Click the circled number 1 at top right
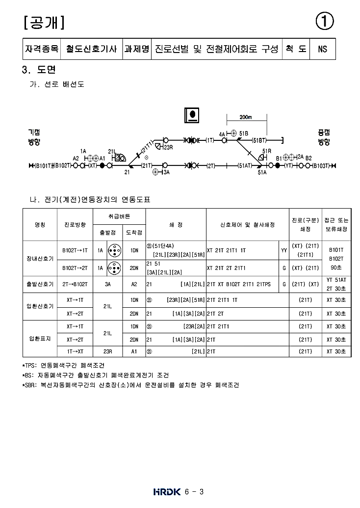[325, 21]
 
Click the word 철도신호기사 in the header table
[91, 49]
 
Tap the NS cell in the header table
[322, 49]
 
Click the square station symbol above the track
[191, 115]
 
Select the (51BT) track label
[259, 140]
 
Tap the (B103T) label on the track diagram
[322, 166]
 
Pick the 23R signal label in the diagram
[168, 147]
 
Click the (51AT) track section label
[244, 166]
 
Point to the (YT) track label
[288, 166]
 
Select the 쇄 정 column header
[176, 225]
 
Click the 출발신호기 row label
[40, 284]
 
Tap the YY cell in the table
[284, 250]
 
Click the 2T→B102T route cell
[75, 284]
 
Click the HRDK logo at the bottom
[167, 491]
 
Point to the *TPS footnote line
[63, 366]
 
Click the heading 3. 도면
[39, 70]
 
